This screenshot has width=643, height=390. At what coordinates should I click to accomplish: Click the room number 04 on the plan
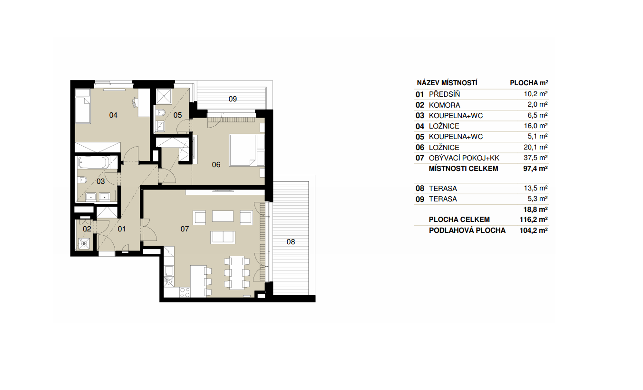pos(113,115)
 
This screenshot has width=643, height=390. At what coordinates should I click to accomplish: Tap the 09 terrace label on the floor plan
pos(233,99)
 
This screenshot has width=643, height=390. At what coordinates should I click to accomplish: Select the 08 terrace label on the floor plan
pos(291,242)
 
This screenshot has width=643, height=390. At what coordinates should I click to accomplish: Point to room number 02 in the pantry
pos(87,229)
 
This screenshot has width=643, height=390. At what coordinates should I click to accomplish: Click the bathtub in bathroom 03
pos(94,162)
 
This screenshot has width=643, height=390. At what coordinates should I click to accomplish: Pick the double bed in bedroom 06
pos(243,150)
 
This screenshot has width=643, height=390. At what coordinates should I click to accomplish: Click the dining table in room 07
pos(237,272)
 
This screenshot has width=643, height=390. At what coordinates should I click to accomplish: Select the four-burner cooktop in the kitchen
pos(185,292)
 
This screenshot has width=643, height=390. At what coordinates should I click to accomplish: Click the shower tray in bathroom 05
pos(164,97)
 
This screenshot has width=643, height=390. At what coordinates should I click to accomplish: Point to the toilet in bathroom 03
pos(82,180)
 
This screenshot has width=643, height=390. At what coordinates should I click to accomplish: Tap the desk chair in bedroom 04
pos(136,102)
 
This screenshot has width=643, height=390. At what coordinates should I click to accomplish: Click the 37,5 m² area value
pos(536,158)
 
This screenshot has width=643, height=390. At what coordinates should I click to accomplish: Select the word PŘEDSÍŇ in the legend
pos(444,94)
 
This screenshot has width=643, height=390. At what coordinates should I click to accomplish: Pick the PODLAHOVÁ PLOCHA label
pos(467,230)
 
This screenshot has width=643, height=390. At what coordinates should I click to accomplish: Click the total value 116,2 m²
pos(533,220)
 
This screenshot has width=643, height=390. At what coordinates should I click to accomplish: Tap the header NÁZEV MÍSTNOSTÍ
pos(447,83)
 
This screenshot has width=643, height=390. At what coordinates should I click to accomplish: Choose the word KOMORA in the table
pos(444,105)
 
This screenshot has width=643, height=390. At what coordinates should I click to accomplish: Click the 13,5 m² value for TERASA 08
pos(536,188)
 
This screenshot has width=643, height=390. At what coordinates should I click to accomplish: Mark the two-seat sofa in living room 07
pos(223,238)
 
